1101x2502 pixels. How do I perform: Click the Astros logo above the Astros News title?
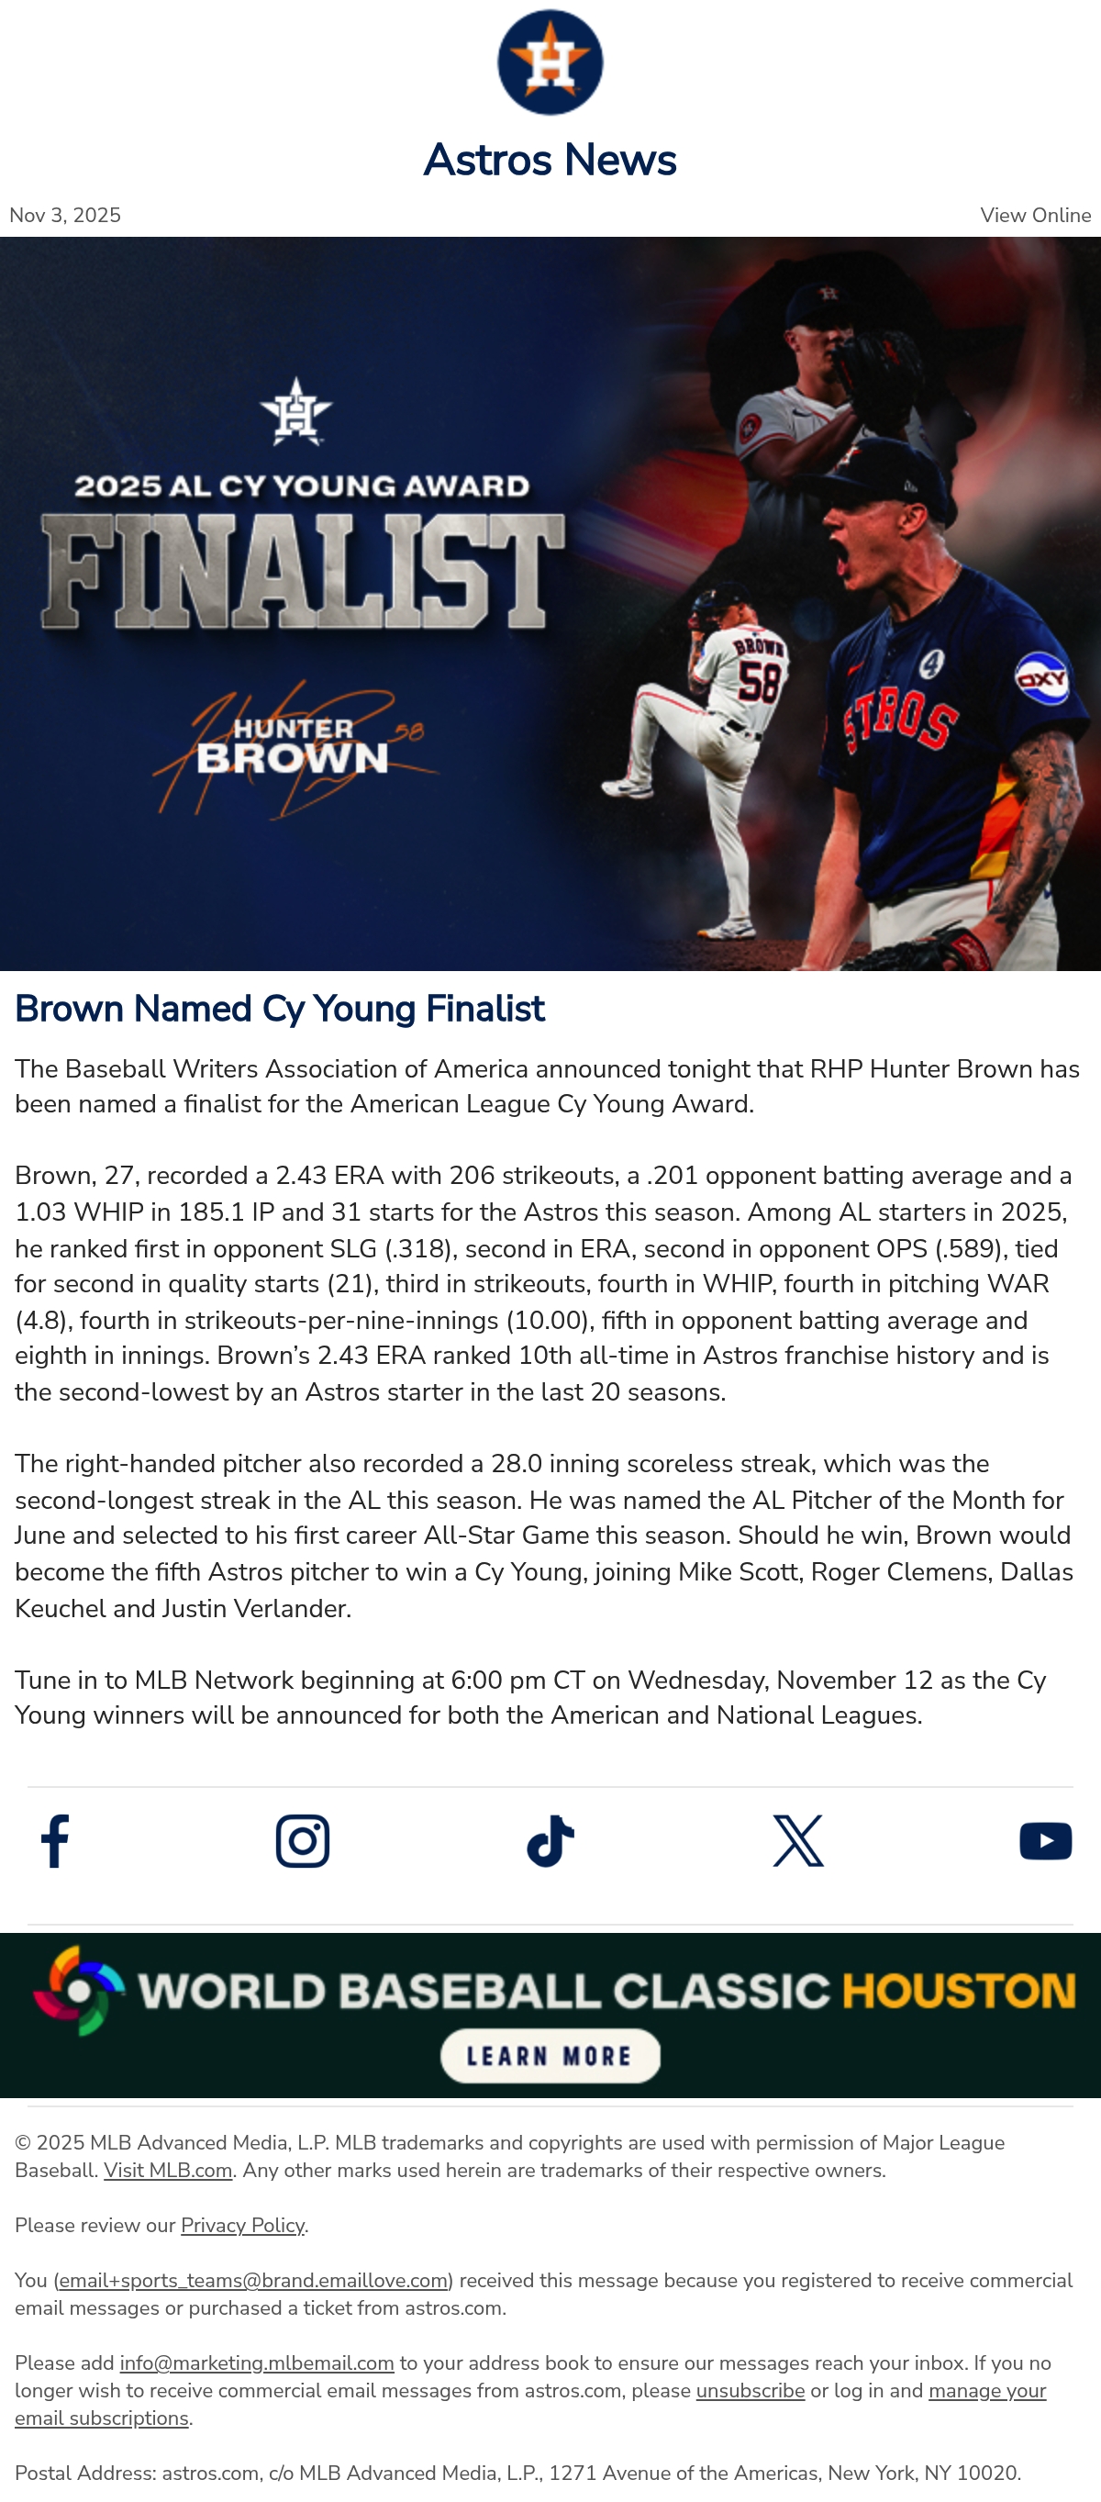[550, 62]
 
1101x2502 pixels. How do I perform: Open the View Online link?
[1035, 216]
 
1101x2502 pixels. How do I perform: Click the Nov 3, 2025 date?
[65, 216]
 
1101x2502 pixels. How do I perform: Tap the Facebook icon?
[55, 1840]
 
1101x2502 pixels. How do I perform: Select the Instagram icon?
[303, 1840]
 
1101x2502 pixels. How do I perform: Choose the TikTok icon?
[550, 1840]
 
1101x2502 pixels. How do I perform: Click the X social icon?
[798, 1840]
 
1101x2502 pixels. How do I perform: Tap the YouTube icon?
[1046, 1840]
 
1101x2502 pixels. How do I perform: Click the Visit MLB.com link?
[168, 2171]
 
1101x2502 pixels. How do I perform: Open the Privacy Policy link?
[243, 2225]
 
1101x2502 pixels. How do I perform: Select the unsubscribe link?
[751, 2390]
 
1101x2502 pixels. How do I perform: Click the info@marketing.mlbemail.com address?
[257, 2363]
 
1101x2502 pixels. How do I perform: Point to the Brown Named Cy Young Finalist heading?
[280, 1010]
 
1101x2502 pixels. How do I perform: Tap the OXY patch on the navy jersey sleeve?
[1041, 678]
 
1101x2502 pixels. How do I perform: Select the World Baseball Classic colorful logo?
[78, 1991]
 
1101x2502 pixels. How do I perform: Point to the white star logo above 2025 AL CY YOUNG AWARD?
[296, 411]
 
